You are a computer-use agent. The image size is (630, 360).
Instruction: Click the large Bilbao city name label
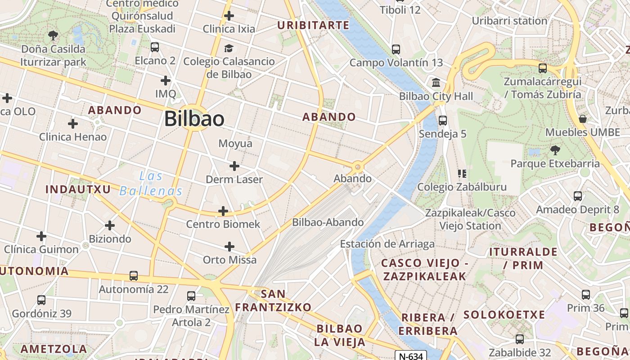(194, 119)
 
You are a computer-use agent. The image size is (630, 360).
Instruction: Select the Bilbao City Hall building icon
(436, 83)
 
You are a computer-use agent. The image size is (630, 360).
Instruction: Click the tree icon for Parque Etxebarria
(555, 150)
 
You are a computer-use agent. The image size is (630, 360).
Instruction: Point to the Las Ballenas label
(151, 184)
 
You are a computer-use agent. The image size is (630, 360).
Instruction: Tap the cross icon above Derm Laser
(234, 166)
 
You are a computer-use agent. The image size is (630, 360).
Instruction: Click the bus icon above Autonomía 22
(133, 275)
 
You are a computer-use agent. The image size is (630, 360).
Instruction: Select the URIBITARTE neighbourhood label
(313, 25)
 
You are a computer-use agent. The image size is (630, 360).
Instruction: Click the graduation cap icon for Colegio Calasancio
(229, 48)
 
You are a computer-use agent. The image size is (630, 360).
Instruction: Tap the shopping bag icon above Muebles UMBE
(583, 119)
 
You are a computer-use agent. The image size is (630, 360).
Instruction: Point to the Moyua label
(235, 144)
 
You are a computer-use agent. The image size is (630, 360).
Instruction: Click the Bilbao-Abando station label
(328, 222)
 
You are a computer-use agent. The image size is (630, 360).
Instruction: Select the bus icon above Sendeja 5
(443, 120)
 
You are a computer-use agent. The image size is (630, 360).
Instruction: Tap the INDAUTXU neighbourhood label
(78, 189)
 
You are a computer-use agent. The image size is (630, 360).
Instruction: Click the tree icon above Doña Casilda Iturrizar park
(53, 35)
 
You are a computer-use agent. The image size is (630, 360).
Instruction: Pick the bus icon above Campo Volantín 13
(396, 49)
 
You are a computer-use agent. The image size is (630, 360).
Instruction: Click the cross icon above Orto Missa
(229, 246)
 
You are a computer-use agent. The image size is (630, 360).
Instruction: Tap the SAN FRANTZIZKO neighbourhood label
(274, 301)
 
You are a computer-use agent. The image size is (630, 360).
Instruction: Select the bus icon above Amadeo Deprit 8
(578, 196)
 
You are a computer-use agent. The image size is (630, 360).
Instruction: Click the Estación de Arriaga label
(387, 244)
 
